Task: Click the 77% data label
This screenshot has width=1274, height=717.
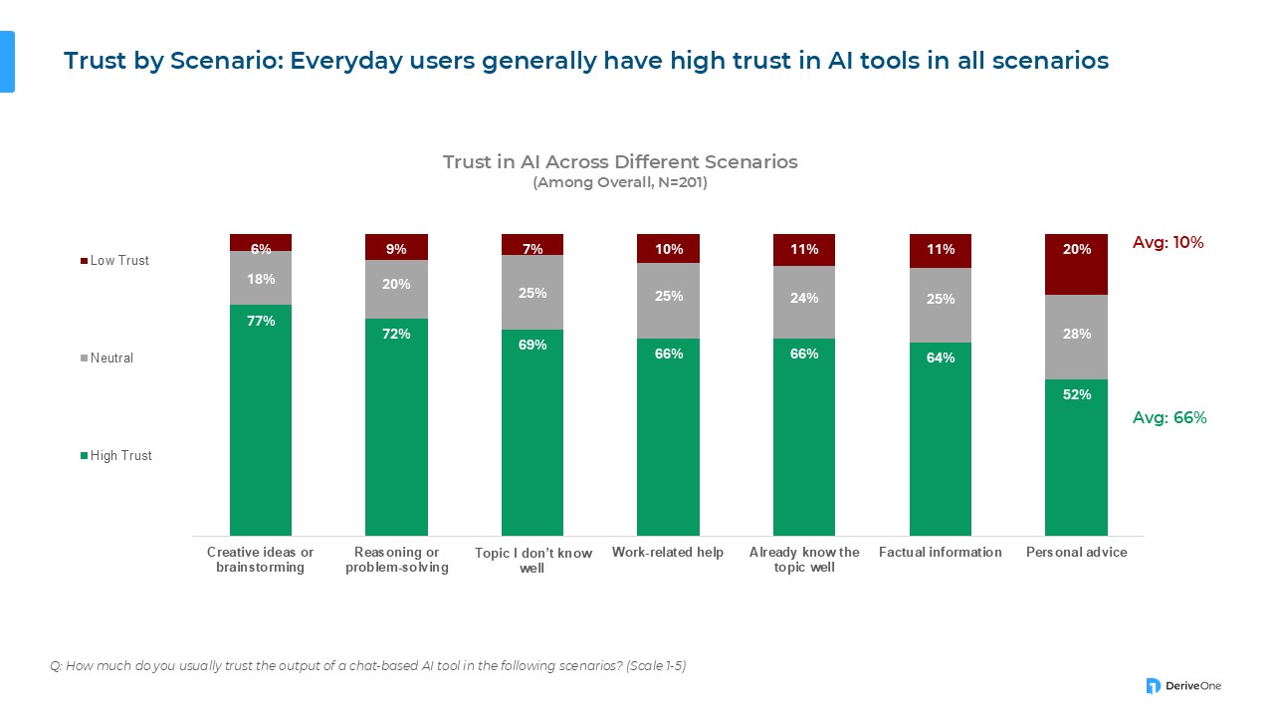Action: (x=261, y=321)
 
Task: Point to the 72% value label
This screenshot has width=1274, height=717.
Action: (x=396, y=334)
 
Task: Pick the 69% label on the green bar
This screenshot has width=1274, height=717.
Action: (x=532, y=345)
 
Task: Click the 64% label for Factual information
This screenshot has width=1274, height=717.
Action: (x=941, y=358)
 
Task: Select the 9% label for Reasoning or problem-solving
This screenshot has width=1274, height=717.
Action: (x=396, y=249)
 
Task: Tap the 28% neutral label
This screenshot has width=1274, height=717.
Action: (x=1076, y=334)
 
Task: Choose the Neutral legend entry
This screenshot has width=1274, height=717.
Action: (x=111, y=358)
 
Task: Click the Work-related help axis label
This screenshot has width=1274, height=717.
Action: (x=668, y=552)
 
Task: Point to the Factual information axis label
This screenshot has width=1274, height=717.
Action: (x=941, y=552)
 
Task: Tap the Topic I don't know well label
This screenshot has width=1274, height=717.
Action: (x=532, y=561)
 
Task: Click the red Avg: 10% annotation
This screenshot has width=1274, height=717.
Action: (x=1168, y=242)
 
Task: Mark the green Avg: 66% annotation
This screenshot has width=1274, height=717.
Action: (x=1169, y=418)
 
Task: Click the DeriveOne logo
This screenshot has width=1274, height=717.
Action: (x=1183, y=685)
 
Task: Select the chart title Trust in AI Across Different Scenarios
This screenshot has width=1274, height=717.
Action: (x=620, y=162)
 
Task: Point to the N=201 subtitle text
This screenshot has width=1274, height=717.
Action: (x=620, y=183)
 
